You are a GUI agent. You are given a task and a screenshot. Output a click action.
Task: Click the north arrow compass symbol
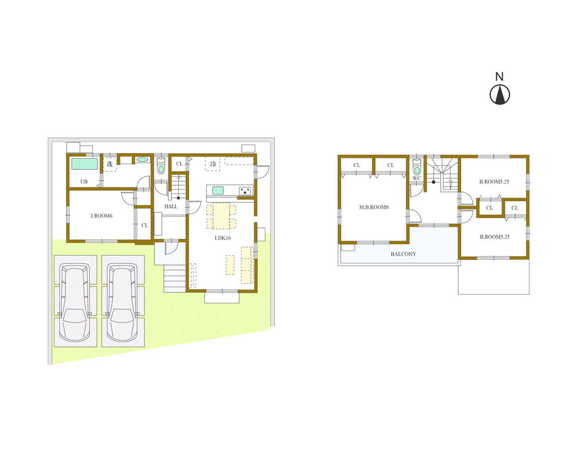[499, 95]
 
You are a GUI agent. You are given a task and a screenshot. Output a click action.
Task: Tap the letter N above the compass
[499, 77]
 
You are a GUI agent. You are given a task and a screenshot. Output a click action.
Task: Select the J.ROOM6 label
[101, 216]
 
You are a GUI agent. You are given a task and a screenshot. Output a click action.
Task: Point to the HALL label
[171, 206]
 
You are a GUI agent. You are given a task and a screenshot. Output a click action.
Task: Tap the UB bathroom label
[84, 182]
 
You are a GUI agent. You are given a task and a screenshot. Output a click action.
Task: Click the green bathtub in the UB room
[84, 164]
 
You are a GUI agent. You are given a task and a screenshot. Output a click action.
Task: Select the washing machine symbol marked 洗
[109, 164]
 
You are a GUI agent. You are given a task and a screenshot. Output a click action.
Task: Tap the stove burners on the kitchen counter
[245, 190]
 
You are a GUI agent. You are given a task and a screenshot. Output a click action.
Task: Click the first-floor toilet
[161, 167]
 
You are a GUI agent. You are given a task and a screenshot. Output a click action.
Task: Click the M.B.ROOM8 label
[373, 208]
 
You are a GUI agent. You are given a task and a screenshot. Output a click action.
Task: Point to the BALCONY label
[403, 254]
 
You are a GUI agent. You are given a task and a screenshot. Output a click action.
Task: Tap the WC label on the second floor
[416, 178]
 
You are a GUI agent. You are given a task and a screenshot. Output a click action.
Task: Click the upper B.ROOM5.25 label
[494, 182]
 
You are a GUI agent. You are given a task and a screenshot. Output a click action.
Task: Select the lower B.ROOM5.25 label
[494, 237]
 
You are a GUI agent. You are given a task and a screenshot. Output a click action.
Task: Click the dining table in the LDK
[221, 216]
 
